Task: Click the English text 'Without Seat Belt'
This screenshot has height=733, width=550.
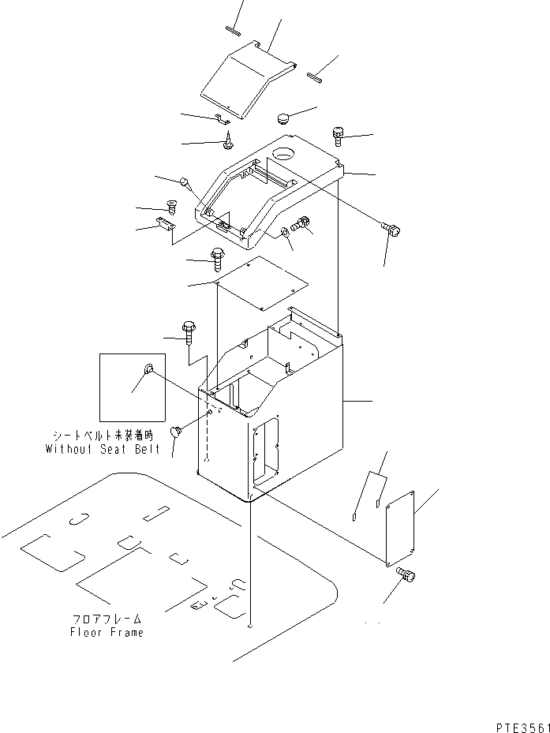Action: point(103,449)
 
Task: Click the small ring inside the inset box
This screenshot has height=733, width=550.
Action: point(148,370)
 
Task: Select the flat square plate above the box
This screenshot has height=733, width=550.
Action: point(260,282)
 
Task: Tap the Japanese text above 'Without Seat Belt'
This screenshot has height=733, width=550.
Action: point(103,436)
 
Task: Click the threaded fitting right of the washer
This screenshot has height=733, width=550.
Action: point(301,225)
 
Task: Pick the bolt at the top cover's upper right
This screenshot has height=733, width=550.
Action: point(339,136)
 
